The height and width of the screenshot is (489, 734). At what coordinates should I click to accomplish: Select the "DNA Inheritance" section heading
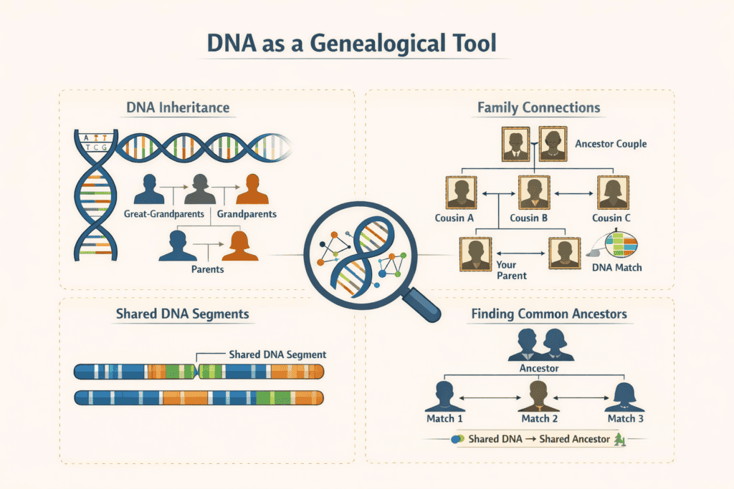click(178, 108)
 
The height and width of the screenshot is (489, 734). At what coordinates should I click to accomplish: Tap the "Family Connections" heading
click(538, 109)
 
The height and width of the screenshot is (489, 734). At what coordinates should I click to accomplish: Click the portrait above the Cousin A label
click(460, 193)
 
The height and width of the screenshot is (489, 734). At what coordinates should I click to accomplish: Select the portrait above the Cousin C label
click(613, 193)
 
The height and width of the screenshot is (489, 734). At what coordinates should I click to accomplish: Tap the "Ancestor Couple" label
click(611, 144)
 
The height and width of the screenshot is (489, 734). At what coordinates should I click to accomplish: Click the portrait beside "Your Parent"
click(474, 253)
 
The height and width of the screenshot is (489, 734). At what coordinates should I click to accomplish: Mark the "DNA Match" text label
click(617, 268)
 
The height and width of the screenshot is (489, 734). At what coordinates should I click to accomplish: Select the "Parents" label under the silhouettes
click(207, 270)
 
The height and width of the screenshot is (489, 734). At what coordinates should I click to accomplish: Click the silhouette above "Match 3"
click(625, 397)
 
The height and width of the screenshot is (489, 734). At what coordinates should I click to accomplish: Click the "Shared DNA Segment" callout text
click(277, 354)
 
